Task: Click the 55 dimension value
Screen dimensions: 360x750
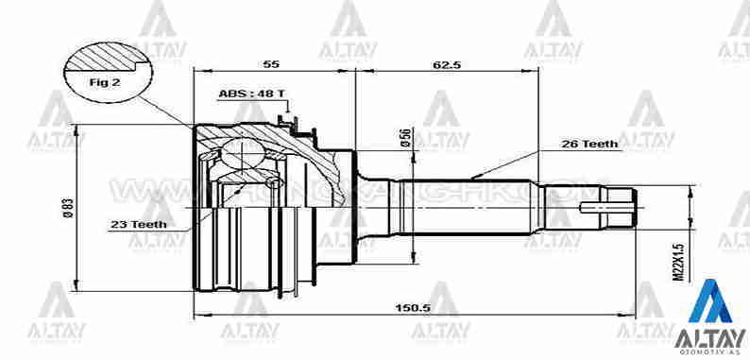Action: [271, 65]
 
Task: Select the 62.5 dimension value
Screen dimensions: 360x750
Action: [446, 65]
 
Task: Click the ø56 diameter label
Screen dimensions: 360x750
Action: [404, 138]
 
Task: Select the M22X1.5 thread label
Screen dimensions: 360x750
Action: [676, 259]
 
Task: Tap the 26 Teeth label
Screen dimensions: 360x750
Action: [589, 145]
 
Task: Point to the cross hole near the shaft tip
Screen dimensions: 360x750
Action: [601, 206]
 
